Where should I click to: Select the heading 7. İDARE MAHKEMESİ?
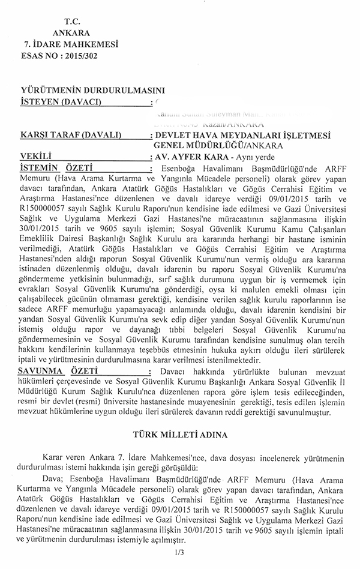[x=70, y=44]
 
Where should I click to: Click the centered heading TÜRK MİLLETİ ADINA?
[x=180, y=432]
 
